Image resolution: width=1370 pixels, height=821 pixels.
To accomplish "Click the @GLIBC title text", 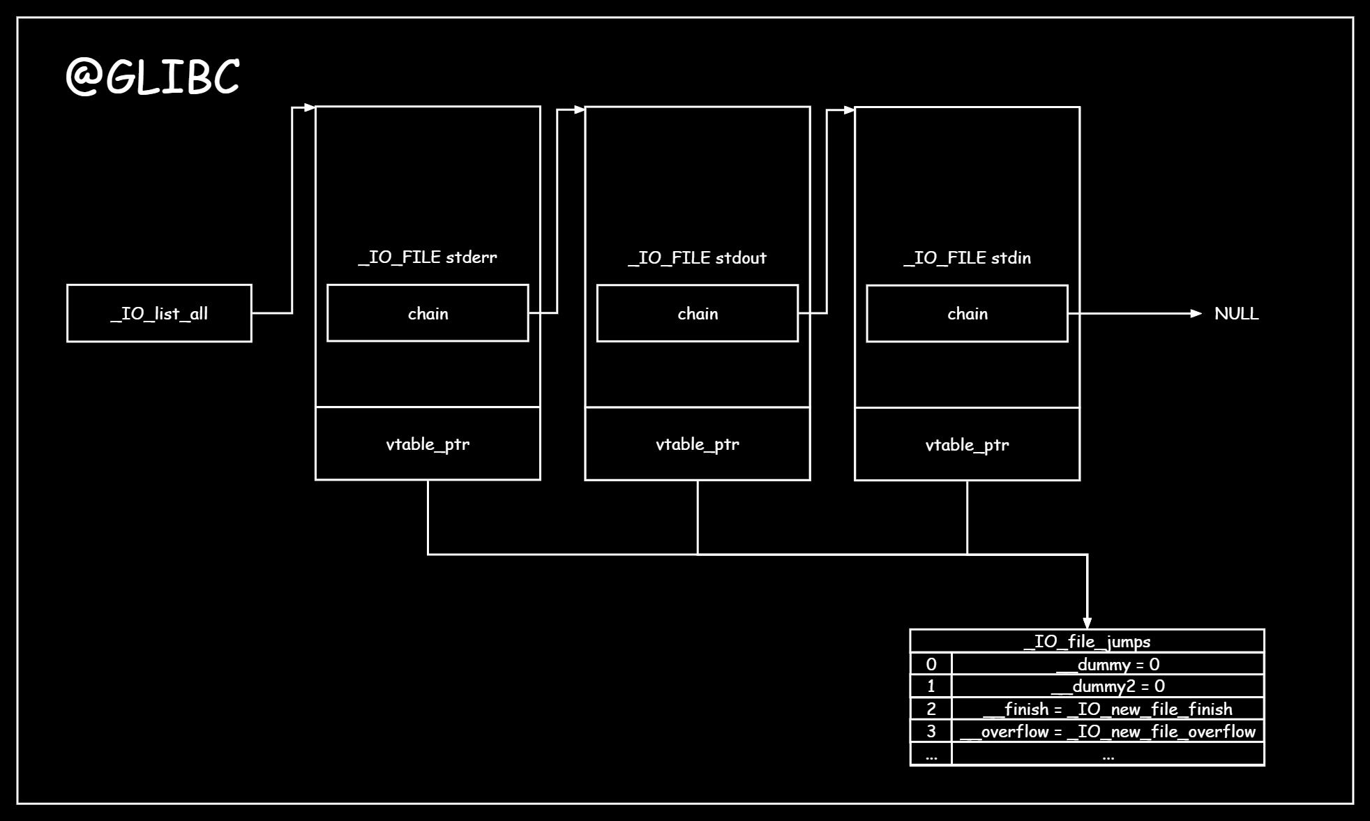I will point(153,76).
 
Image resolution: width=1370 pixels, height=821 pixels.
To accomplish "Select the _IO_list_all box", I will point(159,313).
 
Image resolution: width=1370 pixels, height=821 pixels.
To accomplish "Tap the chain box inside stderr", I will point(428,313).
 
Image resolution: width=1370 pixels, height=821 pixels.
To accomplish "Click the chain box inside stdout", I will point(698,313).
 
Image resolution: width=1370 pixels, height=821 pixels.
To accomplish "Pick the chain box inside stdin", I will point(967,313).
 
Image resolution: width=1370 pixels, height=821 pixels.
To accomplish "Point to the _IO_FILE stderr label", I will point(428,257).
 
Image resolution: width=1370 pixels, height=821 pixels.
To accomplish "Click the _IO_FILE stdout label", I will point(698,258).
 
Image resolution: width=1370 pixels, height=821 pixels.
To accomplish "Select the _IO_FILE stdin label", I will point(967,258).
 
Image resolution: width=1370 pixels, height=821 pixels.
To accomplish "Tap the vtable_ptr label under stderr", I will point(428,444).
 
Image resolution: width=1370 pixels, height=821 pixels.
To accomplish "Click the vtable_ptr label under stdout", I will point(698,444).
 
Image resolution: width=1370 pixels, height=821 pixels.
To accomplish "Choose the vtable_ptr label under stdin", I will point(967,445).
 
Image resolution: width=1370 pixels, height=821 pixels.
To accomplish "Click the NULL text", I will point(1236,314).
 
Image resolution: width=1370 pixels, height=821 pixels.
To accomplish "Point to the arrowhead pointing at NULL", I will point(1196,314).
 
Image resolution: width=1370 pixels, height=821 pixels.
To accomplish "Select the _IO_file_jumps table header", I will point(1087,641).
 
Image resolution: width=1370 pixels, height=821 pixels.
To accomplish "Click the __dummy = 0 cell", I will point(1108,664).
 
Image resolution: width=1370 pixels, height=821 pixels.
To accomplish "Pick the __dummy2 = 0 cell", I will point(1108,686).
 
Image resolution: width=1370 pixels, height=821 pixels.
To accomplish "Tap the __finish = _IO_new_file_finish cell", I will point(1108,709).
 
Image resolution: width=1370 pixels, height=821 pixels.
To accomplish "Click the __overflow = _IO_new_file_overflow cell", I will point(1108,732).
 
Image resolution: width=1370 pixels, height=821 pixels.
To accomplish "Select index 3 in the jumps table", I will point(931,732).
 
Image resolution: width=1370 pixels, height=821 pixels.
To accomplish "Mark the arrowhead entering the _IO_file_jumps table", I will point(1087,623).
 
